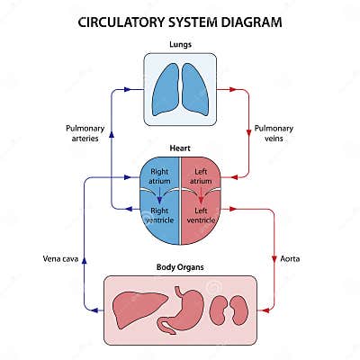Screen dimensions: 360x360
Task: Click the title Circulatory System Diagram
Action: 180,21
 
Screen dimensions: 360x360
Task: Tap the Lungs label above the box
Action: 180,44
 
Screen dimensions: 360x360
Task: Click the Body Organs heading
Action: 180,267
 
